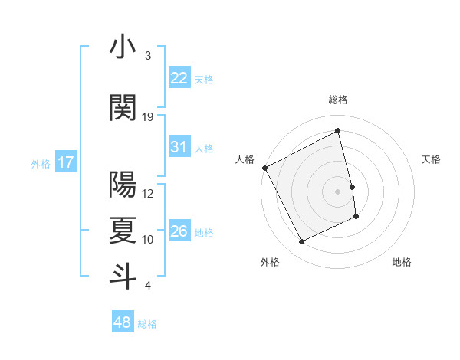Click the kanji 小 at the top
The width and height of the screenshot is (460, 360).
click(123, 47)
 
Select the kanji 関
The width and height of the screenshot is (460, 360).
click(123, 108)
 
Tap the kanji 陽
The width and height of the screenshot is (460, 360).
click(123, 185)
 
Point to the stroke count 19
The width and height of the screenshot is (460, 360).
click(148, 117)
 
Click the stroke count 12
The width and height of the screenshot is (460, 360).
click(148, 194)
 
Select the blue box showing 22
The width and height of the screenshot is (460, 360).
click(179, 78)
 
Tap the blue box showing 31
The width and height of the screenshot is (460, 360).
click(179, 147)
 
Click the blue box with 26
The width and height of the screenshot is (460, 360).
click(179, 231)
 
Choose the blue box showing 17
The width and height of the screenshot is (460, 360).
click(65, 162)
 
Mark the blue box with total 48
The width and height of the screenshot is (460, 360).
click(123, 322)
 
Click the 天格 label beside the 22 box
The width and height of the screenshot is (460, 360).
click(204, 79)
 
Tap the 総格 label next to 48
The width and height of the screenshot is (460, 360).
click(147, 324)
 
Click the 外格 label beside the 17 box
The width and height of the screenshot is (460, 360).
click(41, 163)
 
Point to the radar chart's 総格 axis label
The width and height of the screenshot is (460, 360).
click(338, 100)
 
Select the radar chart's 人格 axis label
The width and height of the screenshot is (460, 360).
click(245, 159)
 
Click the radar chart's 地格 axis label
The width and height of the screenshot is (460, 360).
click(402, 262)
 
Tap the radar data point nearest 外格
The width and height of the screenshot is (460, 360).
click(301, 242)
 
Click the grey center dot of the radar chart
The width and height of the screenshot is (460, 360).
click(338, 191)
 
